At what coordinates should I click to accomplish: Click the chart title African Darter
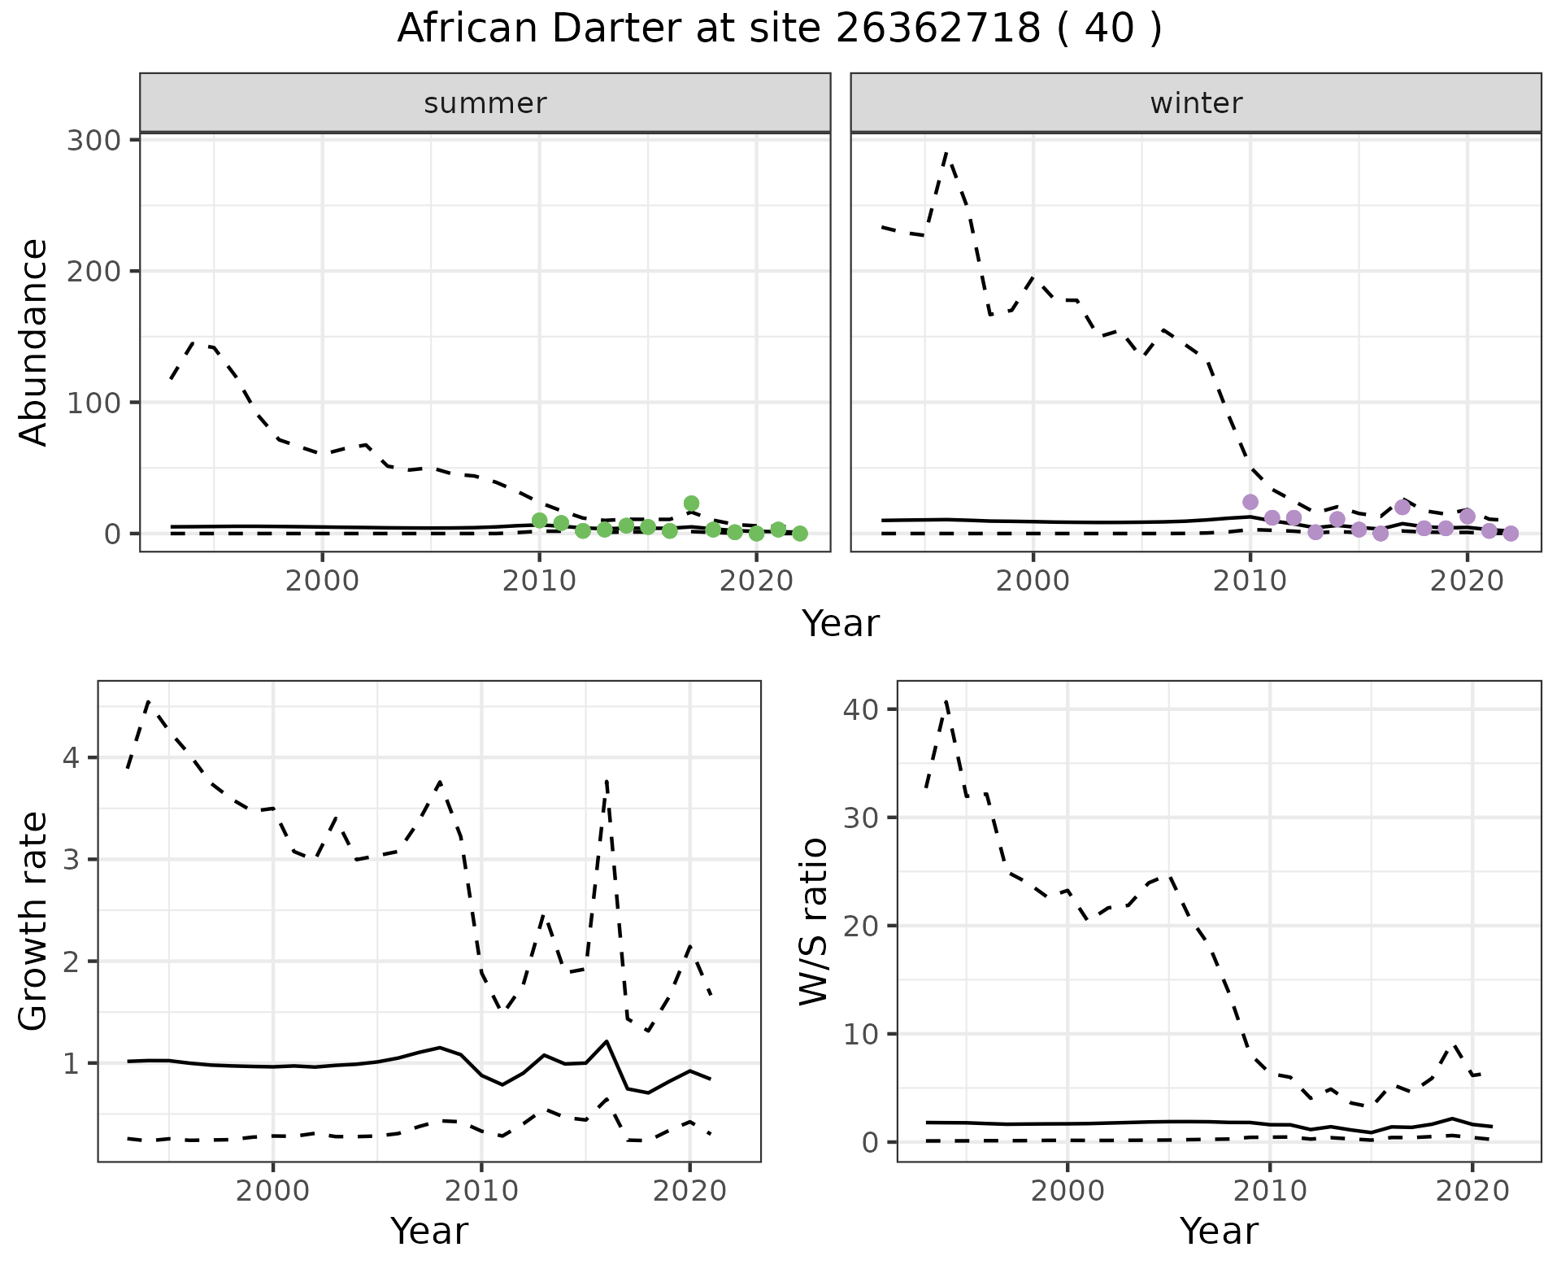click(x=779, y=29)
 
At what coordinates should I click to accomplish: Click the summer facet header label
click(x=485, y=103)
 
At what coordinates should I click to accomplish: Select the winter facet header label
click(x=1195, y=103)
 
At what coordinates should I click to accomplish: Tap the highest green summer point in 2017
click(x=691, y=504)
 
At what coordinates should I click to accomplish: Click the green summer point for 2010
click(x=539, y=521)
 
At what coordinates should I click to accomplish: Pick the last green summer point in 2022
click(x=800, y=534)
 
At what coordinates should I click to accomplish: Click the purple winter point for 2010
click(x=1250, y=502)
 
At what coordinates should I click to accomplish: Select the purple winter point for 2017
click(x=1402, y=508)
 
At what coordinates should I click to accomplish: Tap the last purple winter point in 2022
click(x=1511, y=534)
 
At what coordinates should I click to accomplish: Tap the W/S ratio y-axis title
click(x=813, y=921)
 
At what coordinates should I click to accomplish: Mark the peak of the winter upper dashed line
click(x=946, y=153)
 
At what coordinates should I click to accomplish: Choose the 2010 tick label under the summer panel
click(x=539, y=582)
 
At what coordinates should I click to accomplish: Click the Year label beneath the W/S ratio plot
click(x=1219, y=1231)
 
